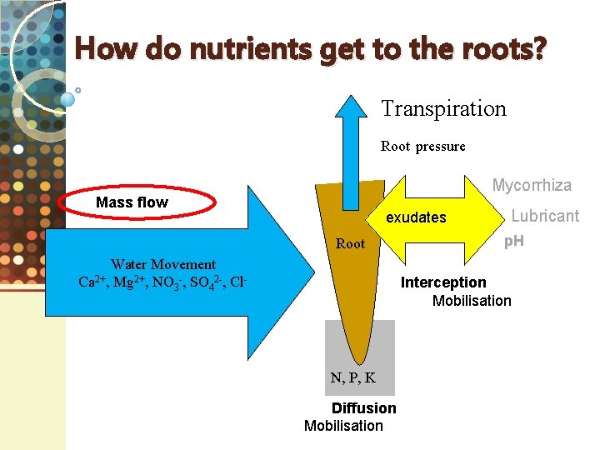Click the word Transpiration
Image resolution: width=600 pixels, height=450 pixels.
[x=443, y=109]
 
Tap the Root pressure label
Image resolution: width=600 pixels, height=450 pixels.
[x=422, y=147]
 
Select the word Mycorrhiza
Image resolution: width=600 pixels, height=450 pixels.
[x=532, y=185]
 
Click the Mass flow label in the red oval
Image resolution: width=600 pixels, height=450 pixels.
[x=132, y=202]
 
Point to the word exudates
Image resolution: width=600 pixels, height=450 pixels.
[x=416, y=217]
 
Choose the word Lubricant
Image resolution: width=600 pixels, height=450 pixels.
[x=545, y=216]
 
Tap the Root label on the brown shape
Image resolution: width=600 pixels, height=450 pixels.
[x=350, y=244]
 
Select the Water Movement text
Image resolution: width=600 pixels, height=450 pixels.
[x=163, y=264]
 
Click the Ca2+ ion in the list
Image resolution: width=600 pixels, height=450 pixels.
[x=92, y=282]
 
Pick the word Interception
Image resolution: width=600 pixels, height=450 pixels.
[x=443, y=282]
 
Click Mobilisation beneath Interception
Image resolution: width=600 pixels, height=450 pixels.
[x=472, y=301]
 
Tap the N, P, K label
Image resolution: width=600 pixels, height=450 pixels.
[x=352, y=377]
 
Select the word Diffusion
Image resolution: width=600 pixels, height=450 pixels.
[x=364, y=407]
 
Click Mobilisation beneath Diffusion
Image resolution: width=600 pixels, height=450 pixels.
[x=343, y=426]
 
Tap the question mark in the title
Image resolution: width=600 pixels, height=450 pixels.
[x=539, y=50]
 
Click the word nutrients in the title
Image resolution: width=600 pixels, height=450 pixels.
[x=242, y=50]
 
